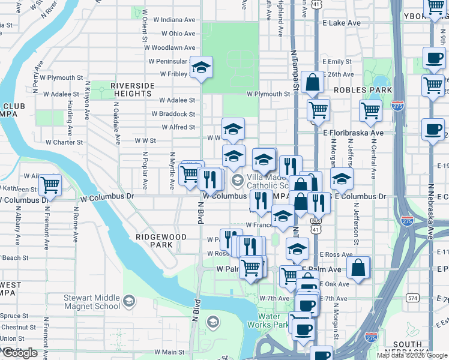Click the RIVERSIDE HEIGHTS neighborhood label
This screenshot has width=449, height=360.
pos(131,90)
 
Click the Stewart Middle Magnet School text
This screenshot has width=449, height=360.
pos(92,302)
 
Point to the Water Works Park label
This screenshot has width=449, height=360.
pos(273,320)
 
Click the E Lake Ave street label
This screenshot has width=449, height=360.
pos(341,23)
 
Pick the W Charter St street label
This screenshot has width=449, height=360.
pos(64,143)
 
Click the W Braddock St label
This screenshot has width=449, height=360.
pos(173,114)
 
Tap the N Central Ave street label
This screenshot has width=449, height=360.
pos(373,155)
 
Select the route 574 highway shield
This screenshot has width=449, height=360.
pos(412,298)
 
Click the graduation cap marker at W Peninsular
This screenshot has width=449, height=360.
pos(202,67)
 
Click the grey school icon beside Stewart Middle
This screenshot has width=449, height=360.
pos(128,301)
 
